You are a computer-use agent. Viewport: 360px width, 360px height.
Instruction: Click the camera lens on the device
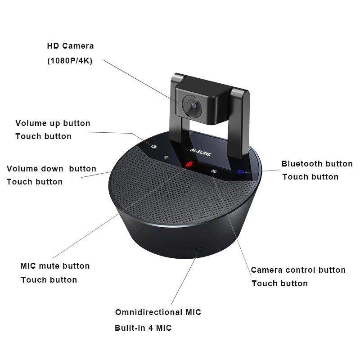[192, 106]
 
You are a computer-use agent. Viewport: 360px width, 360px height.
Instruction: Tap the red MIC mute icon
[189, 164]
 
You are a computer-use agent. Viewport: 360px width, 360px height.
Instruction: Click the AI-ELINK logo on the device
[201, 153]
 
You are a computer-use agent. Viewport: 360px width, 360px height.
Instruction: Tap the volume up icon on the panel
[154, 147]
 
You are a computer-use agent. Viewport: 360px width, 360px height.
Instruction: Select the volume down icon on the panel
[166, 157]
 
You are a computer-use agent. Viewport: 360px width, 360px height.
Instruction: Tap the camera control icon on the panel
[214, 171]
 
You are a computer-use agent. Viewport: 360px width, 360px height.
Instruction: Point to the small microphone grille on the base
[198, 249]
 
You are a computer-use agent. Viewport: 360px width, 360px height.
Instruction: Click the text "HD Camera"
[71, 46]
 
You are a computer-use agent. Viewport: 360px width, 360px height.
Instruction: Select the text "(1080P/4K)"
[70, 61]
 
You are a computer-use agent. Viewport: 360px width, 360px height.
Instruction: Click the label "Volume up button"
[53, 123]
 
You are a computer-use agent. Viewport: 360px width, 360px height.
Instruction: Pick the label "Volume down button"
[51, 169]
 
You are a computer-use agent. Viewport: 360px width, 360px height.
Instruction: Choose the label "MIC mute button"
[55, 266]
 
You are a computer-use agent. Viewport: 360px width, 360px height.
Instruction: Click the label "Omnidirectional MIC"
[158, 312]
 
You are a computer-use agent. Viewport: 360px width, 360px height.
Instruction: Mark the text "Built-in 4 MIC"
[143, 328]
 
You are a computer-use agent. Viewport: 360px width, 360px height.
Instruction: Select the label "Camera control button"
[298, 270]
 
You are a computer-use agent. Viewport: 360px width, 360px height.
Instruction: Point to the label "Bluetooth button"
[317, 164]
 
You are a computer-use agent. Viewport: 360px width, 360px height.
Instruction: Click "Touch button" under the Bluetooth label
[310, 177]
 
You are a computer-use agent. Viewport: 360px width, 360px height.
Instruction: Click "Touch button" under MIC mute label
[49, 280]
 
